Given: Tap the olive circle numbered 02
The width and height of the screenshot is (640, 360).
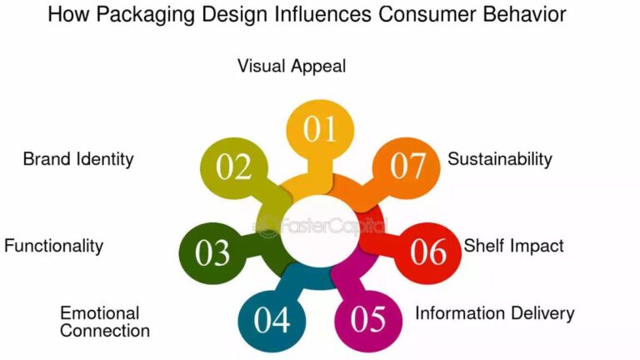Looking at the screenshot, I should [234, 167].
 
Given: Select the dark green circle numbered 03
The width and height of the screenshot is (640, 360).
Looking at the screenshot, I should [213, 252].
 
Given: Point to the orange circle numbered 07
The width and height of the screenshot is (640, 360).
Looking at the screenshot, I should [407, 167].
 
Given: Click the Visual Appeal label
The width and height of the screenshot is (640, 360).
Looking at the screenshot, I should [292, 66].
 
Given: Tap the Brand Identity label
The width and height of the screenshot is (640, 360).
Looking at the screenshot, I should [78, 159].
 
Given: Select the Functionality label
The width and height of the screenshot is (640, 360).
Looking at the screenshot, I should [53, 246].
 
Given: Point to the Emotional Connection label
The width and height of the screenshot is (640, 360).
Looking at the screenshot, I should [105, 322].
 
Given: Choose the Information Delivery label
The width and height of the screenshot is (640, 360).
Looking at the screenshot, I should [495, 313].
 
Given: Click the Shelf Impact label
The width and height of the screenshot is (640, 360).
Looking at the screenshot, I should [514, 245].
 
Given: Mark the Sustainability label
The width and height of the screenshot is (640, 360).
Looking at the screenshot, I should [500, 158].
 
